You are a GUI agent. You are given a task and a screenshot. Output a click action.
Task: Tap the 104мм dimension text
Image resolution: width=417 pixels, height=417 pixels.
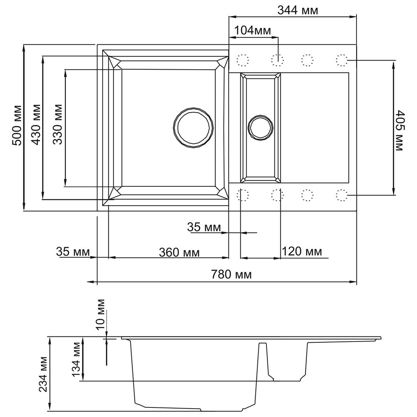pyautogui.click(x=252, y=30)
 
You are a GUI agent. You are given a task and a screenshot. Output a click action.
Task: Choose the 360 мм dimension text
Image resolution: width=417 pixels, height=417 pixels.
pyautogui.click(x=179, y=252)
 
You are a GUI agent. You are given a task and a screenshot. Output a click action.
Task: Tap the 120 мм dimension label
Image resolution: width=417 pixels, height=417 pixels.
pyautogui.click(x=302, y=251)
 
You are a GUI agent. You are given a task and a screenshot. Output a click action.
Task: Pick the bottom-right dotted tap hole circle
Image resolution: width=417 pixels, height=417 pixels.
pyautogui.click(x=342, y=195)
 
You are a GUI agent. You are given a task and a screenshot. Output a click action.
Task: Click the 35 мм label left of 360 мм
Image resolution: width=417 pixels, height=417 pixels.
pyautogui.click(x=73, y=252)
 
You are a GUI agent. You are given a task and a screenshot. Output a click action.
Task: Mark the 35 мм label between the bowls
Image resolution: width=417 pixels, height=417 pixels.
pyautogui.click(x=204, y=227)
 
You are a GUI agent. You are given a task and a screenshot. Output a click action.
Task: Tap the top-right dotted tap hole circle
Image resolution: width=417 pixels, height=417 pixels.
pyautogui.click(x=342, y=60)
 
